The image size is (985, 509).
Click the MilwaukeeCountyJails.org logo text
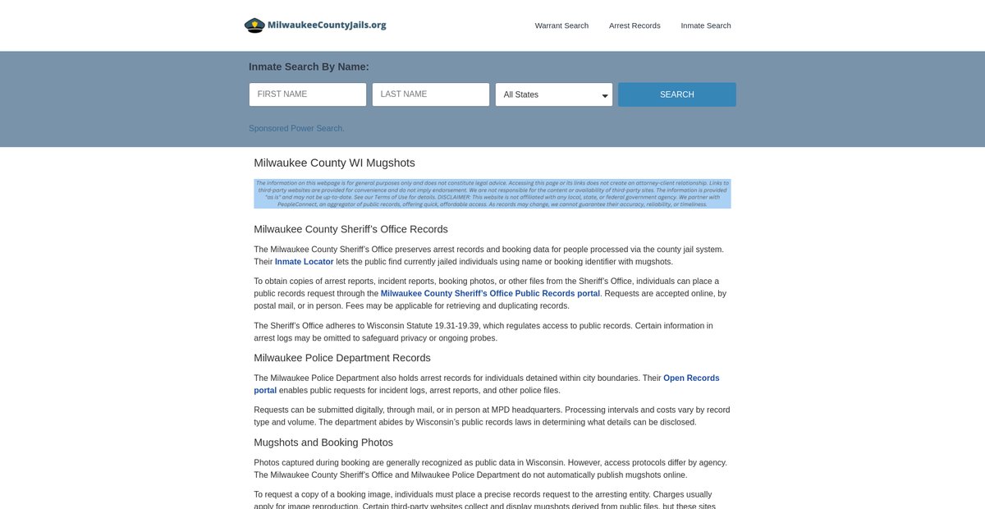(327, 25)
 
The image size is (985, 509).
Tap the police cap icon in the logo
(254, 25)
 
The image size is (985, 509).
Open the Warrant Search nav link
(561, 25)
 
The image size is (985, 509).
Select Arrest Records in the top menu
(635, 25)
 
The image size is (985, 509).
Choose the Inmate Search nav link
(705, 25)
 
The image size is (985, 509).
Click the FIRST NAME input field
(308, 94)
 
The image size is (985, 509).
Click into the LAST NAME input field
(431, 94)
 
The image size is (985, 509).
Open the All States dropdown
(554, 94)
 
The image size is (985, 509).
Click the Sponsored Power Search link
(296, 128)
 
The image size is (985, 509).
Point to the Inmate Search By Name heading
(309, 66)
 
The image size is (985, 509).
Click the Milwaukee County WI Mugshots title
(334, 163)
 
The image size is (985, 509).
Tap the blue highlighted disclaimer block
(492, 194)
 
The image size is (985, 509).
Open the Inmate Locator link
(304, 262)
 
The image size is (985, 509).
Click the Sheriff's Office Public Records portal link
(490, 293)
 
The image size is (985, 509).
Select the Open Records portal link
(690, 378)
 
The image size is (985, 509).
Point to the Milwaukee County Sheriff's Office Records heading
(350, 229)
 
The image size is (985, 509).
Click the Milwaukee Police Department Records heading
(341, 358)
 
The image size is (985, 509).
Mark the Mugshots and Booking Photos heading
(323, 443)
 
